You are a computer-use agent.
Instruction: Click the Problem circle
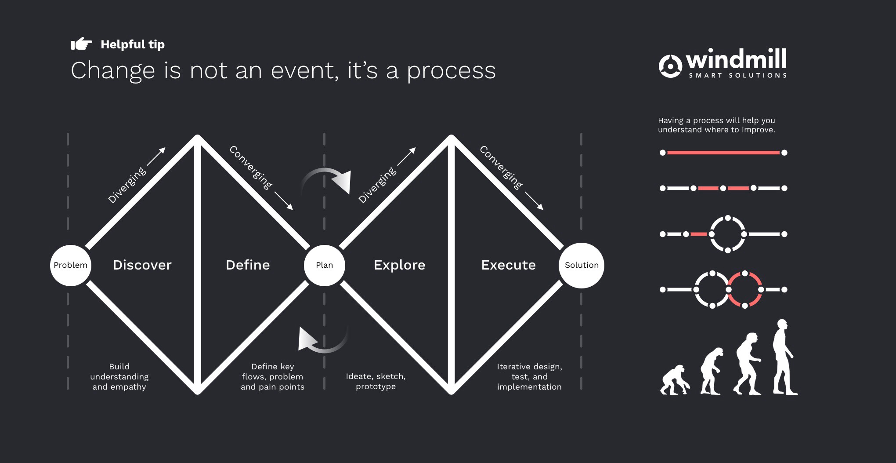coord(70,265)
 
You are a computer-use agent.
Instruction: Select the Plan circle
coord(324,265)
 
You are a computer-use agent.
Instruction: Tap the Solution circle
coord(581,265)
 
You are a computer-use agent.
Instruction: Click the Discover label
coord(142,265)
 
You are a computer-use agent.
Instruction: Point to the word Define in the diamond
coord(248,265)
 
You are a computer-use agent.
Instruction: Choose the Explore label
coord(399,265)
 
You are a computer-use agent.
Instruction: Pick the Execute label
coord(508,265)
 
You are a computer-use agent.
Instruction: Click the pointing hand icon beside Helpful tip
coord(81,44)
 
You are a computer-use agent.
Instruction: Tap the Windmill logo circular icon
coord(670,66)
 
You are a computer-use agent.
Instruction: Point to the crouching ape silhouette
coord(674,380)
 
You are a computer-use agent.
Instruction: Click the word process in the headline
coord(451,71)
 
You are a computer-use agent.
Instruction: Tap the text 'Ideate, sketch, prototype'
coord(376,381)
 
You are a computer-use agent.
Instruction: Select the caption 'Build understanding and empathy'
coord(119,376)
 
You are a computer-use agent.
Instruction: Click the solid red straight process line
coord(723,153)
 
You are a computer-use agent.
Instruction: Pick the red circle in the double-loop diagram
coord(745,289)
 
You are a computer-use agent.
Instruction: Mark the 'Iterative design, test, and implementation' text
coord(529,376)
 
